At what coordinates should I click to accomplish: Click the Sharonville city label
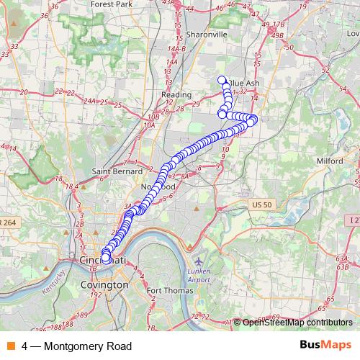pyautogui.click(x=207, y=34)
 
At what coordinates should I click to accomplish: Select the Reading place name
pyautogui.click(x=176, y=94)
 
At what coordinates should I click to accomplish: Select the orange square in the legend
pyautogui.click(x=11, y=346)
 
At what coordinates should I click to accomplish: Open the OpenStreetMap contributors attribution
pyautogui.click(x=297, y=323)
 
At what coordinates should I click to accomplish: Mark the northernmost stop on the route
pyautogui.click(x=222, y=80)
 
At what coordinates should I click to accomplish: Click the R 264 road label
pyautogui.click(x=7, y=222)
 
